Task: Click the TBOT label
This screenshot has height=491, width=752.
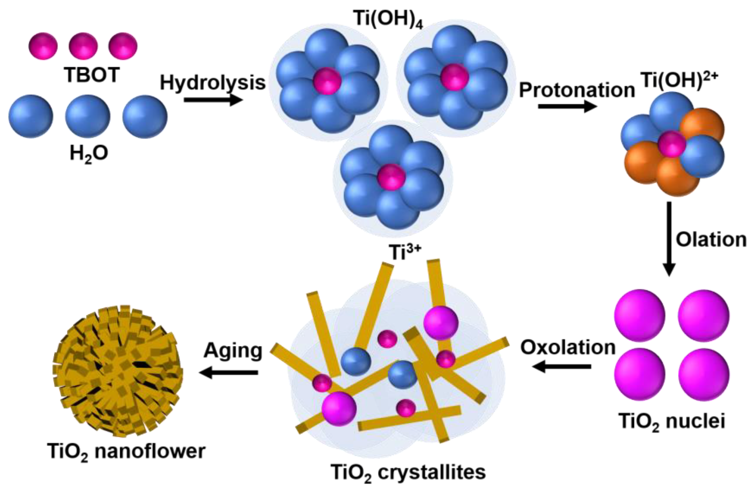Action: [92, 75]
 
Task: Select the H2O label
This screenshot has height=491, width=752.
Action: [89, 154]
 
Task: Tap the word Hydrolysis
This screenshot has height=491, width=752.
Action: [213, 83]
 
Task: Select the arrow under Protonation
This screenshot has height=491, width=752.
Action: [567, 106]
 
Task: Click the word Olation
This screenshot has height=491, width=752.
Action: [711, 240]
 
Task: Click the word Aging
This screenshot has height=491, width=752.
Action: [233, 351]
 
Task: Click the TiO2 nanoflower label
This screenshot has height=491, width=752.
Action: [126, 452]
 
